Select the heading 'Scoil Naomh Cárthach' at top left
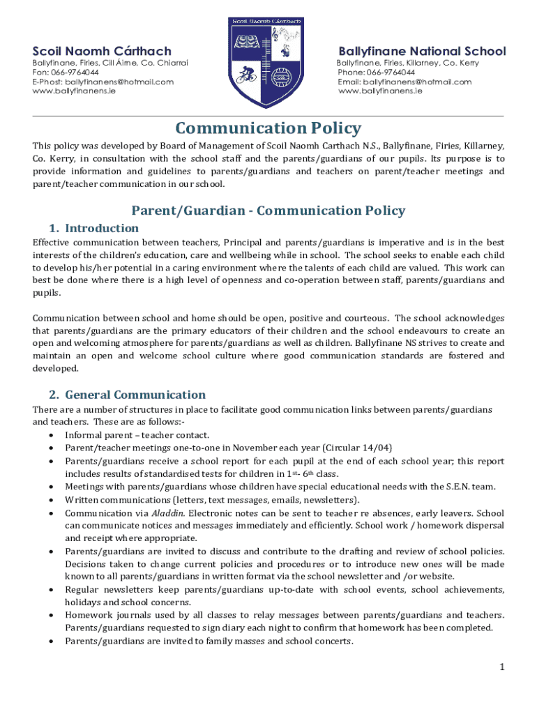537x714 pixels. click(x=103, y=51)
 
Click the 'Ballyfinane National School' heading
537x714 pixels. click(x=422, y=51)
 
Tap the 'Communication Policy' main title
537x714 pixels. click(x=268, y=128)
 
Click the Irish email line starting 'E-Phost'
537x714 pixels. click(x=103, y=82)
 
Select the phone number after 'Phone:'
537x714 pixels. click(x=390, y=73)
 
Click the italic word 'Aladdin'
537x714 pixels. click(x=133, y=512)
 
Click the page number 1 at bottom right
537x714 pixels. click(x=501, y=667)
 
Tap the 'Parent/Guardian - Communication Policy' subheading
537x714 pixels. click(x=268, y=211)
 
